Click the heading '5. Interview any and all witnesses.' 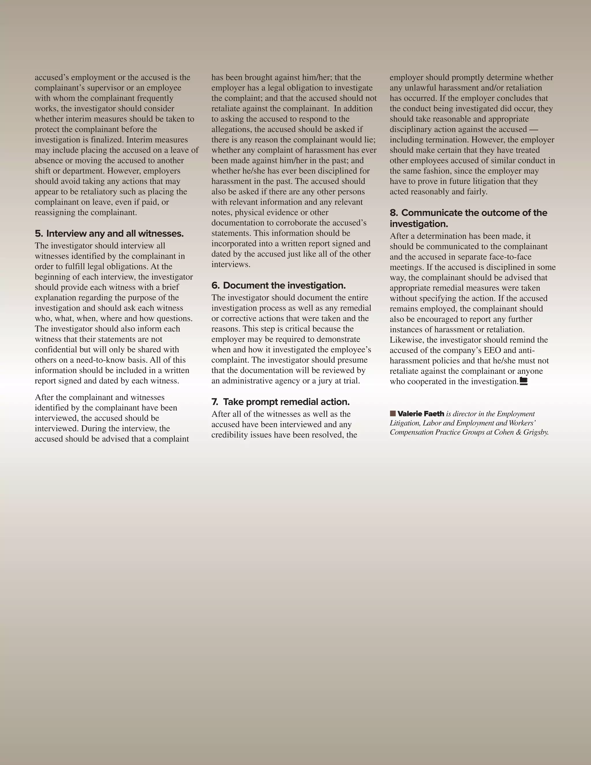pos(109,234)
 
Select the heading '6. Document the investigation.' pos(278,286)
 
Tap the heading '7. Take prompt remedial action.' pos(280,402)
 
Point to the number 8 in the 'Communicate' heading pos(394,213)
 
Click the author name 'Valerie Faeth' pos(420,414)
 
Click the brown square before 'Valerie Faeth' pos(393,414)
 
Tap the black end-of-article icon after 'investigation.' pos(523,381)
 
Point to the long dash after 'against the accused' pos(533,130)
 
